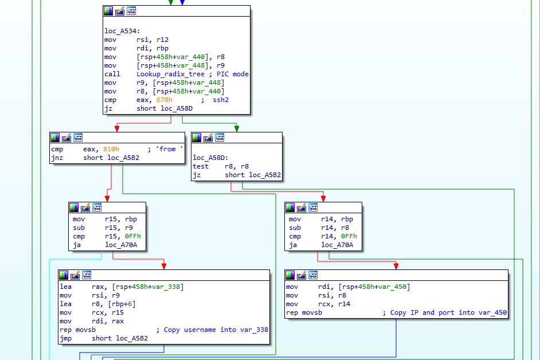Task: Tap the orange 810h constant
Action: coord(111,149)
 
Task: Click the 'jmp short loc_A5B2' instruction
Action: coord(104,338)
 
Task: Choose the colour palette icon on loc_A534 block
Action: coord(108,11)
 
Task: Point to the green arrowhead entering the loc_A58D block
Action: coord(236,129)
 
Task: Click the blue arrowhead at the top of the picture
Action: coord(182,3)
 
